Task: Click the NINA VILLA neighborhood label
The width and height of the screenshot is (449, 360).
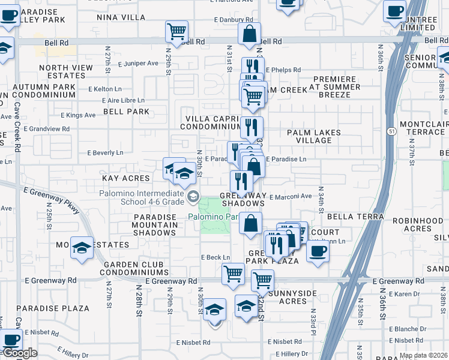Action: click(121, 17)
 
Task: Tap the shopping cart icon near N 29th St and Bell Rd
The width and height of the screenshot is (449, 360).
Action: click(176, 31)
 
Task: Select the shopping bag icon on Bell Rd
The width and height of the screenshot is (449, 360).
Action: click(249, 34)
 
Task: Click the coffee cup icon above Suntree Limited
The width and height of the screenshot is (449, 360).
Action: click(394, 11)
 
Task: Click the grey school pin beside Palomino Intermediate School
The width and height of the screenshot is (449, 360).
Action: click(193, 197)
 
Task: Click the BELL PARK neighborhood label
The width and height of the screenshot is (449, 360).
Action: click(126, 112)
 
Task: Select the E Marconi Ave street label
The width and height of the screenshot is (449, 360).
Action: click(291, 196)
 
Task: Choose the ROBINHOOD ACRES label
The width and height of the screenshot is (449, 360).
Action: click(414, 224)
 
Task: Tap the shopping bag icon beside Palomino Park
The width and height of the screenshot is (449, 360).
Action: click(250, 223)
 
